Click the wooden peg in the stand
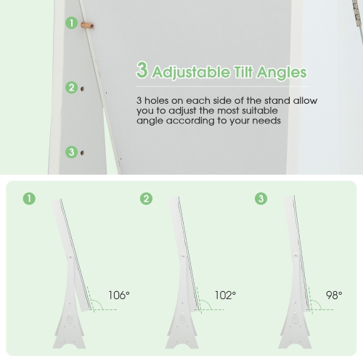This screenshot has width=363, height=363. pyautogui.click(x=87, y=25)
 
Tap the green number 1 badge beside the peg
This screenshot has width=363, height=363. pyautogui.click(x=72, y=23)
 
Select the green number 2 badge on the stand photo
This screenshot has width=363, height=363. pyautogui.click(x=72, y=88)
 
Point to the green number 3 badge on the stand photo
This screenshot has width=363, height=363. pyautogui.click(x=72, y=152)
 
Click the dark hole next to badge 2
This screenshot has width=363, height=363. pyautogui.click(x=82, y=89)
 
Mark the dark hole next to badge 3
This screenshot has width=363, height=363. pyautogui.click(x=82, y=153)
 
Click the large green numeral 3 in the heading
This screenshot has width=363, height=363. pyautogui.click(x=142, y=70)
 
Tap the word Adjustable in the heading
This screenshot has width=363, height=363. pyautogui.click(x=191, y=73)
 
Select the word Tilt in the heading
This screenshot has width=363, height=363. pyautogui.click(x=243, y=72)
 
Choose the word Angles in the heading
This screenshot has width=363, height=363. pyautogui.click(x=282, y=73)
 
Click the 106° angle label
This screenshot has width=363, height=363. pyautogui.click(x=119, y=295)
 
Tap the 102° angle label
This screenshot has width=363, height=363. pyautogui.click(x=225, y=295)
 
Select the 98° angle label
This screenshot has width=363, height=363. pyautogui.click(x=334, y=295)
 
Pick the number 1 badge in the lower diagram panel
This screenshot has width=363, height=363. pyautogui.click(x=29, y=199)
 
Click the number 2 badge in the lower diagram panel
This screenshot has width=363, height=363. pyautogui.click(x=146, y=199)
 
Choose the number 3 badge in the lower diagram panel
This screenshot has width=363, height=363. pyautogui.click(x=261, y=199)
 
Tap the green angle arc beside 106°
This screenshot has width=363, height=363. pyautogui.click(x=99, y=303)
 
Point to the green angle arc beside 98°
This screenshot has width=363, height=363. pyautogui.click(x=318, y=303)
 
